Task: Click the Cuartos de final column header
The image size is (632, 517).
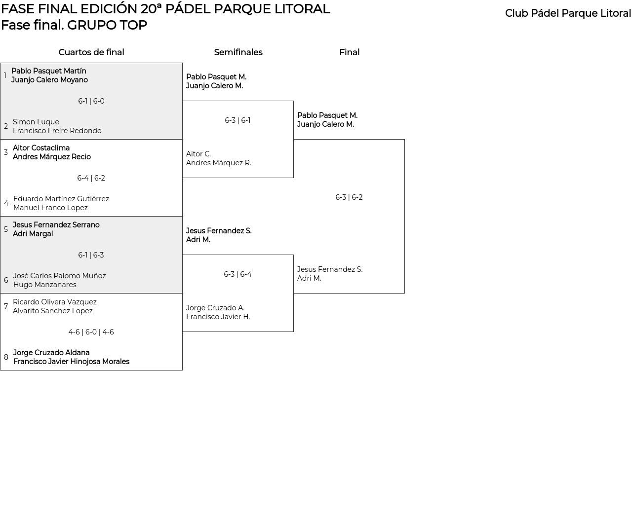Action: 91,52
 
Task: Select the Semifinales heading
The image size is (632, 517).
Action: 238,52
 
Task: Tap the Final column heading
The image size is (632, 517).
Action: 349,52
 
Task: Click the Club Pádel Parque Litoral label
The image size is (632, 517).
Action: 568,13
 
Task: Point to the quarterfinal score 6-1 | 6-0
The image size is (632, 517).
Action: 91,101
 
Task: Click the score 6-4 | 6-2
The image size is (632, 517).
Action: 91,178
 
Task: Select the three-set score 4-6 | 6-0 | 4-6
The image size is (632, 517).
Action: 91,332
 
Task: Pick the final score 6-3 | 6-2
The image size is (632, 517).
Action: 349,197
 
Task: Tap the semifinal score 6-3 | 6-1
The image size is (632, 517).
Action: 237,120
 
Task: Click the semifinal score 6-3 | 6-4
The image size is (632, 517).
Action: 237,274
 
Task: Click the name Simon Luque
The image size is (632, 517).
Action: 36,122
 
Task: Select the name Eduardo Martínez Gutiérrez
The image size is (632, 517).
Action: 61,199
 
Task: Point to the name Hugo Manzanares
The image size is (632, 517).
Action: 45,285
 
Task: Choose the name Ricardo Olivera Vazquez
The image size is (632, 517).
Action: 55,302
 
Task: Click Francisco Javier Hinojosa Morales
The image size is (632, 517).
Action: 71,362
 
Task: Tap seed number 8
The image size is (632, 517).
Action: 6,357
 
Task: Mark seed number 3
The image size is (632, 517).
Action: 6,152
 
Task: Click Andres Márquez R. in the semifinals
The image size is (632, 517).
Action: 219,163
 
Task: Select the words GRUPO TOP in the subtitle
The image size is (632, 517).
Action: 107,25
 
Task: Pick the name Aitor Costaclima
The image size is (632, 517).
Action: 41,148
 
